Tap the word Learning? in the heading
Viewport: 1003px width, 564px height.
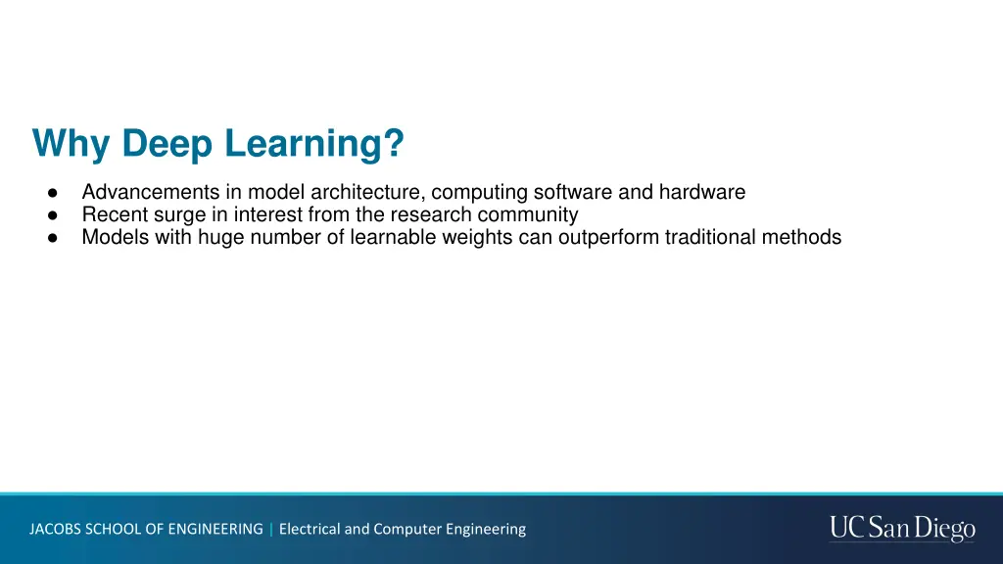click(313, 145)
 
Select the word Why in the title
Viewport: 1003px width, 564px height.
click(72, 145)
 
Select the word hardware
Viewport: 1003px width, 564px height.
click(702, 193)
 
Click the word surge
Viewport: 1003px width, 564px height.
click(179, 215)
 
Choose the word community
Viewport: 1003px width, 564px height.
click(528, 215)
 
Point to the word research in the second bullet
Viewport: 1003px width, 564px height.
click(431, 215)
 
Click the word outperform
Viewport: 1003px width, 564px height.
click(609, 237)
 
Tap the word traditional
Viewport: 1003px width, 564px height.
click(711, 237)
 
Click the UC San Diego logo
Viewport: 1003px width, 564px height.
click(902, 529)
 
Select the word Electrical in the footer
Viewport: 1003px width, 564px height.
click(310, 529)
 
